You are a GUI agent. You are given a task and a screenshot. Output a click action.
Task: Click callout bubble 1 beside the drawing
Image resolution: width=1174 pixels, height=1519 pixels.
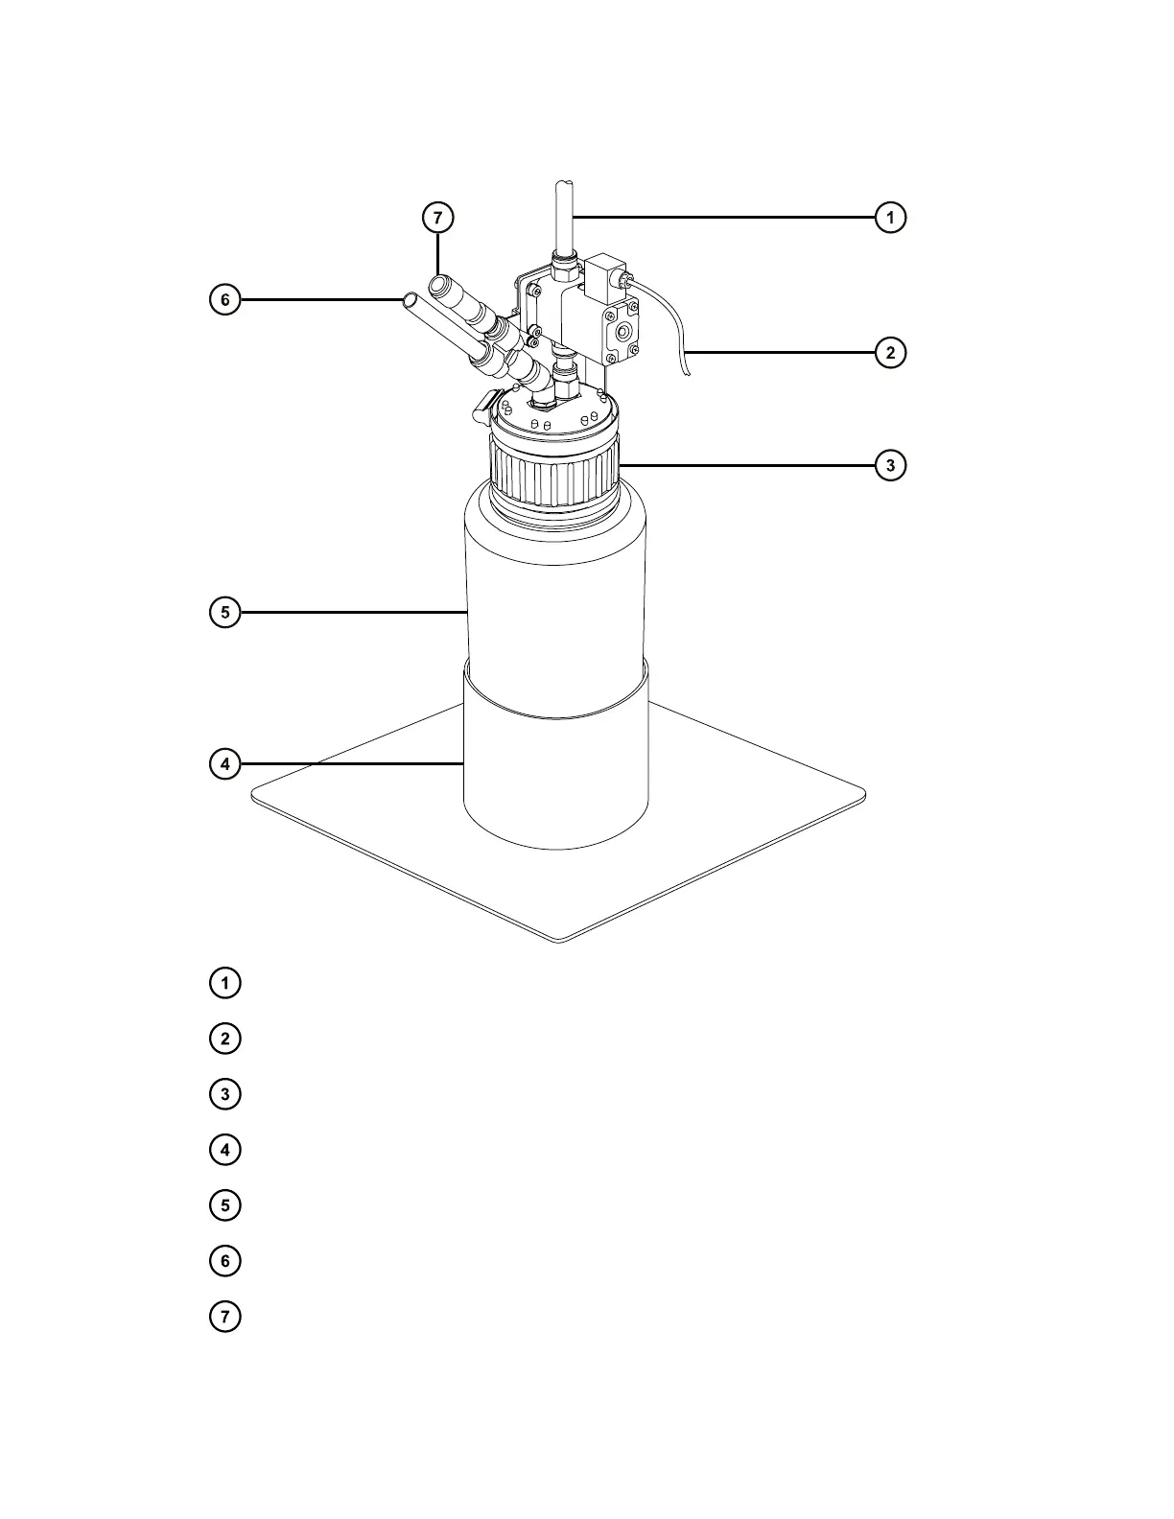890,218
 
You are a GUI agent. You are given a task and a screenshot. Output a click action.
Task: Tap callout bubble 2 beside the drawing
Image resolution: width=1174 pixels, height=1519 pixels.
890,353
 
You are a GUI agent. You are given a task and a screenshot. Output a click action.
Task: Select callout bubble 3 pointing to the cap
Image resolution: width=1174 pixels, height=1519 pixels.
890,466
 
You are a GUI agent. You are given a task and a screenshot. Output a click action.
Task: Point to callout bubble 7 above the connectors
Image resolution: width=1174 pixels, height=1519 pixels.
437,218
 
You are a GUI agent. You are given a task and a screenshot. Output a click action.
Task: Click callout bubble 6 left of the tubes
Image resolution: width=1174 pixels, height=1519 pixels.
224,300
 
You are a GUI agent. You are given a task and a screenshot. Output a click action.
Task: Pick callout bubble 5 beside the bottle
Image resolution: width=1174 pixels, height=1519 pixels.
224,612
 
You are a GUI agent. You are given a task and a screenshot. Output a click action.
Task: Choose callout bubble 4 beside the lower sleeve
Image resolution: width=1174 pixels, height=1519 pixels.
224,764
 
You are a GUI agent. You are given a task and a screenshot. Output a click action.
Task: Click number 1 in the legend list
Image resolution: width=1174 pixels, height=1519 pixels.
224,983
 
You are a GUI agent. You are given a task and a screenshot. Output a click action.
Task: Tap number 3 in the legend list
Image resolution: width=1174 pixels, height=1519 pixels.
224,1094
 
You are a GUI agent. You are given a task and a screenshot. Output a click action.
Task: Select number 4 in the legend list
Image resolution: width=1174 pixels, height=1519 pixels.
224,1150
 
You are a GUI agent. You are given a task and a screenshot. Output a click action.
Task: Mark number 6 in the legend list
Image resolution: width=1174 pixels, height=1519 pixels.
224,1260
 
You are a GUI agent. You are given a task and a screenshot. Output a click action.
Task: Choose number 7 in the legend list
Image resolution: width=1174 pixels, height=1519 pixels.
224,1316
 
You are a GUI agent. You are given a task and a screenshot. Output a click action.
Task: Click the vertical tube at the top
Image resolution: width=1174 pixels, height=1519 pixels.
564,216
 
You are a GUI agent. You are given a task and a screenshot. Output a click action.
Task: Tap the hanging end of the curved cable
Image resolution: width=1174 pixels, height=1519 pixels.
687,372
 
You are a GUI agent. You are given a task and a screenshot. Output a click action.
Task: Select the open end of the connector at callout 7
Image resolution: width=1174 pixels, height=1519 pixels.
440,284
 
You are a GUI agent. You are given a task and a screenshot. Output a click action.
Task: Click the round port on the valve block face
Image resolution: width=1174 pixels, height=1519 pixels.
625,333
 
